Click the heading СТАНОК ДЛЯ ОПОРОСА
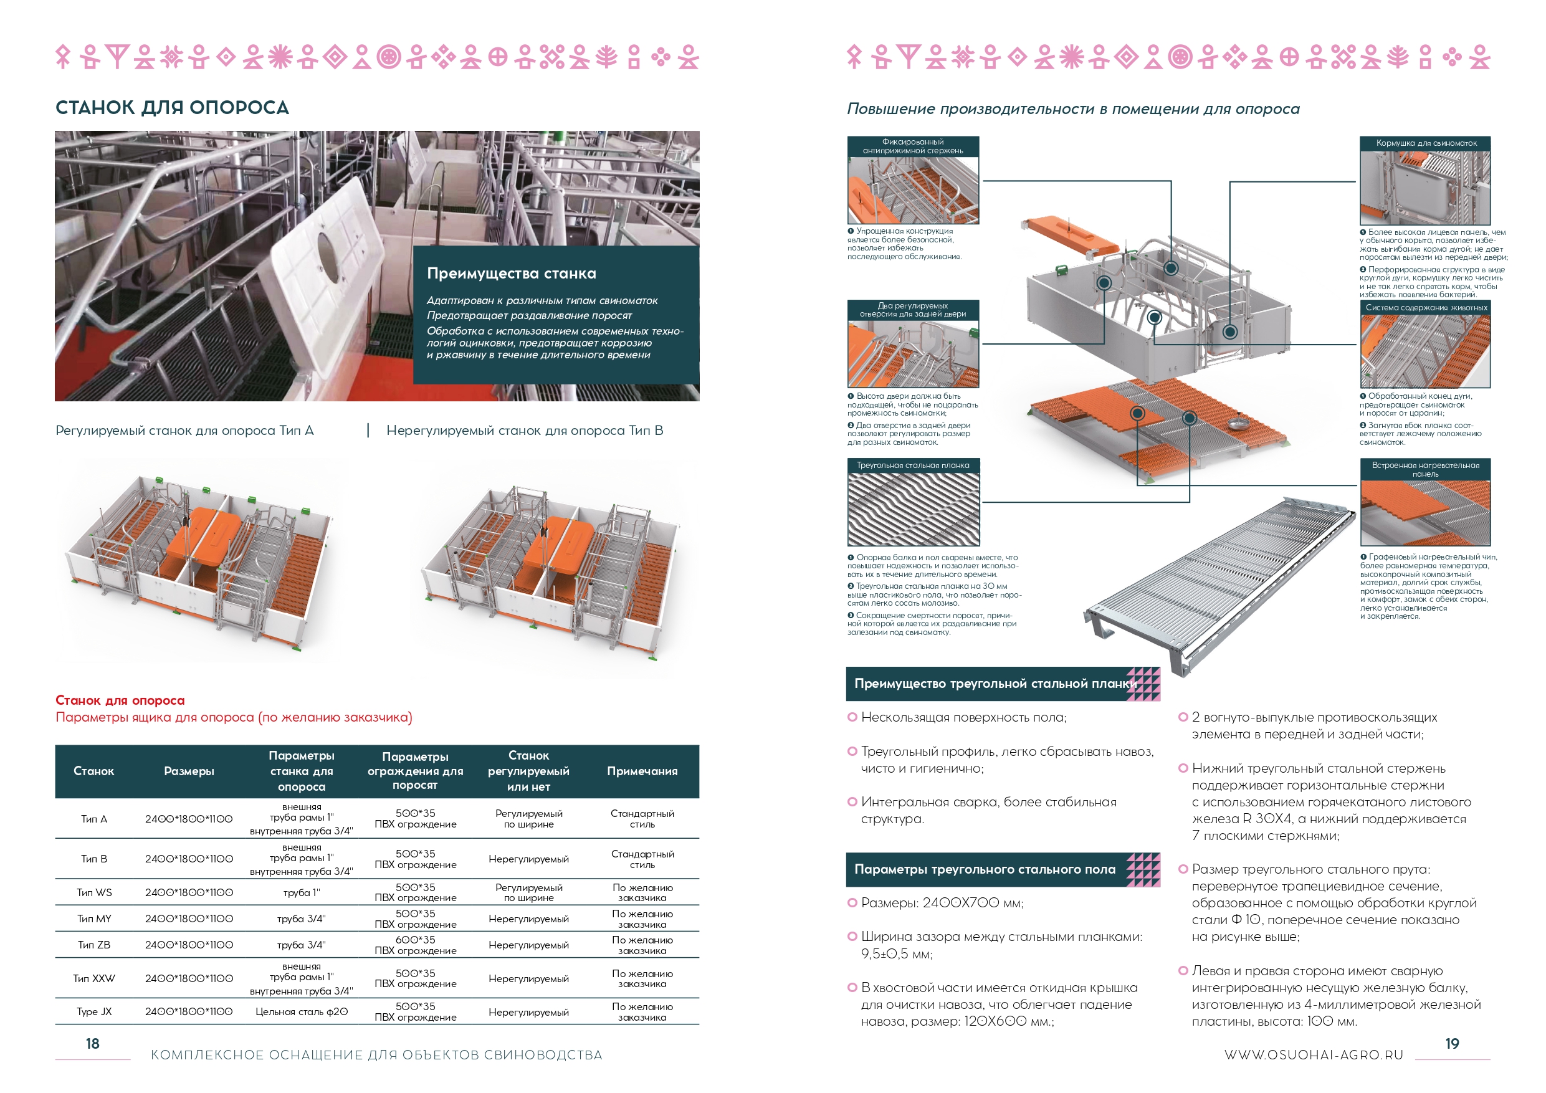pos(172,108)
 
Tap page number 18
pos(92,1043)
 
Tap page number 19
pos(1452,1043)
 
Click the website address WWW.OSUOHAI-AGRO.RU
pos(1313,1054)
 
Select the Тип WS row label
pos(93,892)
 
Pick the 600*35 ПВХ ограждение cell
pos(415,945)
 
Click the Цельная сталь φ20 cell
pos(301,1011)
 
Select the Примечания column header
pos(642,771)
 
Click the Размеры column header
pos(189,771)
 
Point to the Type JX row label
pos(93,1011)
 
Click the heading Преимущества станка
pos(511,274)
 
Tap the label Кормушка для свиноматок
pos(1426,143)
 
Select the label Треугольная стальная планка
pos(912,465)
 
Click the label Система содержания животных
pos(1426,308)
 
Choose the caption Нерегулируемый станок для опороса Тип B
pos(524,431)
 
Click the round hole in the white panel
pos(327,254)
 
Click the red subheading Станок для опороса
pos(120,700)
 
